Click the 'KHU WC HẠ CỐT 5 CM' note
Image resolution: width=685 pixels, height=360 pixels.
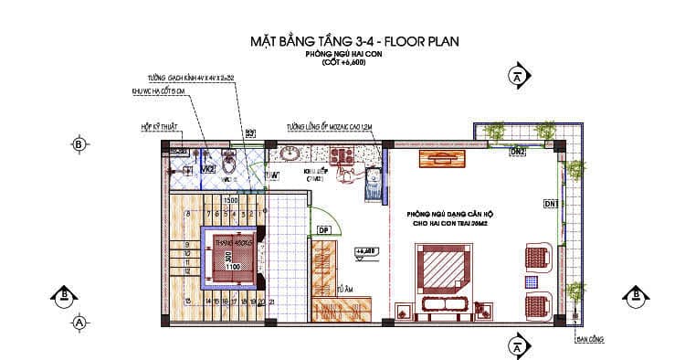pos(170,92)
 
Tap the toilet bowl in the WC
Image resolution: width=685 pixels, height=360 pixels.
pos(235,163)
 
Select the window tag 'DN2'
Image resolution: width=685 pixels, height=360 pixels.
pos(517,151)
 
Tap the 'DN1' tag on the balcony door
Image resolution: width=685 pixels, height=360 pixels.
pos(551,202)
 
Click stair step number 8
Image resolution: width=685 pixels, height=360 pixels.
pos(186,215)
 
